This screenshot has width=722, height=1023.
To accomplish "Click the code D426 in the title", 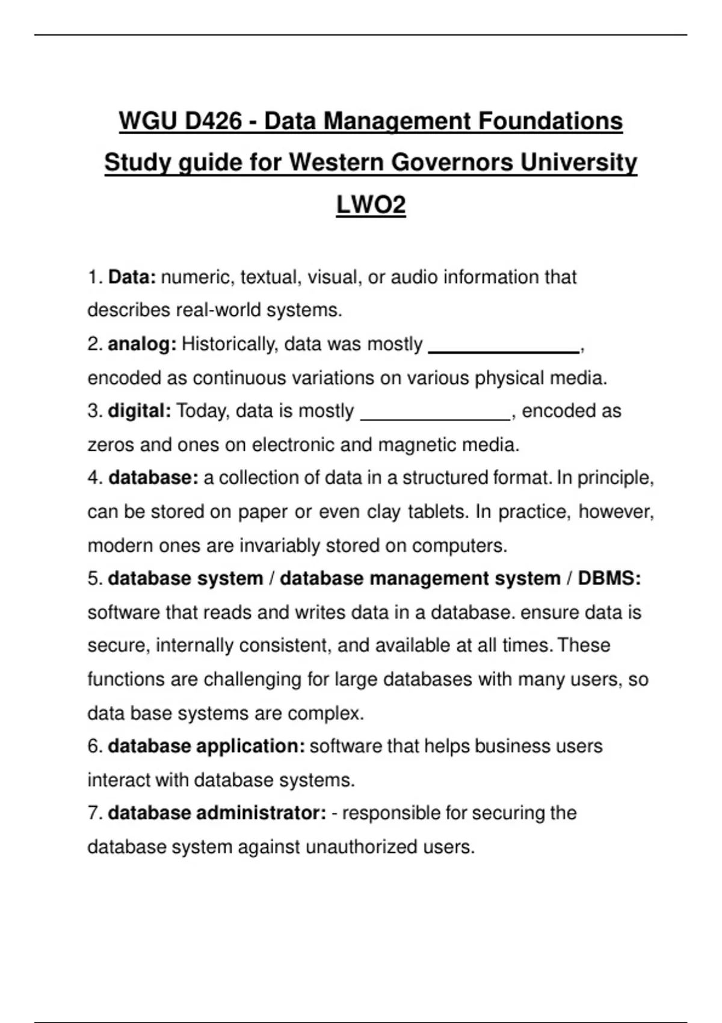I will (213, 121).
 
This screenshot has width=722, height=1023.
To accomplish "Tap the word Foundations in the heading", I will (551, 121).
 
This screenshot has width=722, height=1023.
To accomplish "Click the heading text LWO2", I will (371, 205).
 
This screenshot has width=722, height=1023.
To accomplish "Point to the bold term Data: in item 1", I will (132, 277).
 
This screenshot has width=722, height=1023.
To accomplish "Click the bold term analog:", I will (142, 344).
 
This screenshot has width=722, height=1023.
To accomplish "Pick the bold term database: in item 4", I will (153, 478).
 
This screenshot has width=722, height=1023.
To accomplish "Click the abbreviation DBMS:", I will (609, 578).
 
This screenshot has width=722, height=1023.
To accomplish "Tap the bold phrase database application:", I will (206, 746).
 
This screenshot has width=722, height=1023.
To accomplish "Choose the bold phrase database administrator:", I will (217, 813).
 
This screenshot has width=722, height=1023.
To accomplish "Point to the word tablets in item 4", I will (437, 512).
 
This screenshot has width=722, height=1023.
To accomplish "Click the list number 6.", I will (94, 746).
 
